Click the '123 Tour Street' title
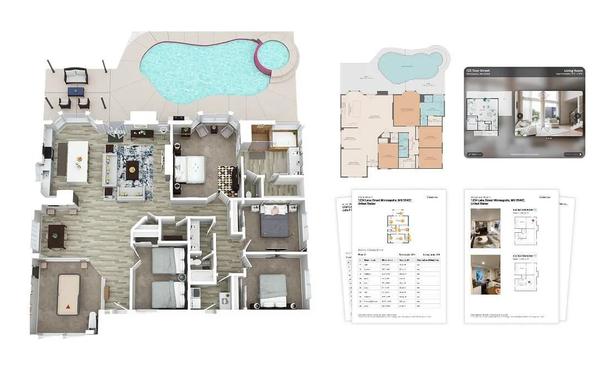[x=480, y=71]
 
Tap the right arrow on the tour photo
[x=577, y=116]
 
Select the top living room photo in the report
[x=485, y=228]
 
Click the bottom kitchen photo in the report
[x=485, y=274]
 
